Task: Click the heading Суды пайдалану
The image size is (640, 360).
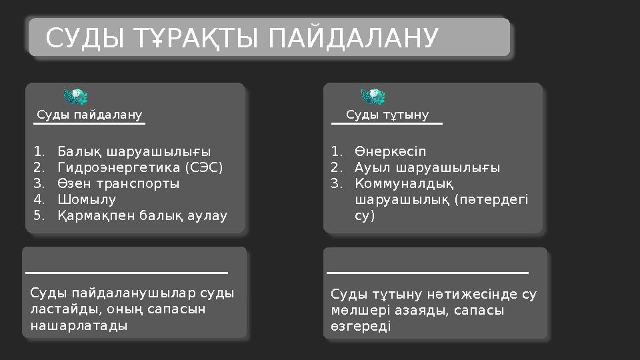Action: coord(89,115)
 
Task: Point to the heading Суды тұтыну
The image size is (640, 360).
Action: coord(387,115)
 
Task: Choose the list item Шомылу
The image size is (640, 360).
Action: coord(87,199)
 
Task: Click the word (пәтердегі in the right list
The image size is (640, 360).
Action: coord(491,199)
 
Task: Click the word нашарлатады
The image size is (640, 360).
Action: coord(79,326)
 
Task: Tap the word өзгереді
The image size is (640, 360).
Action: coord(361,327)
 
